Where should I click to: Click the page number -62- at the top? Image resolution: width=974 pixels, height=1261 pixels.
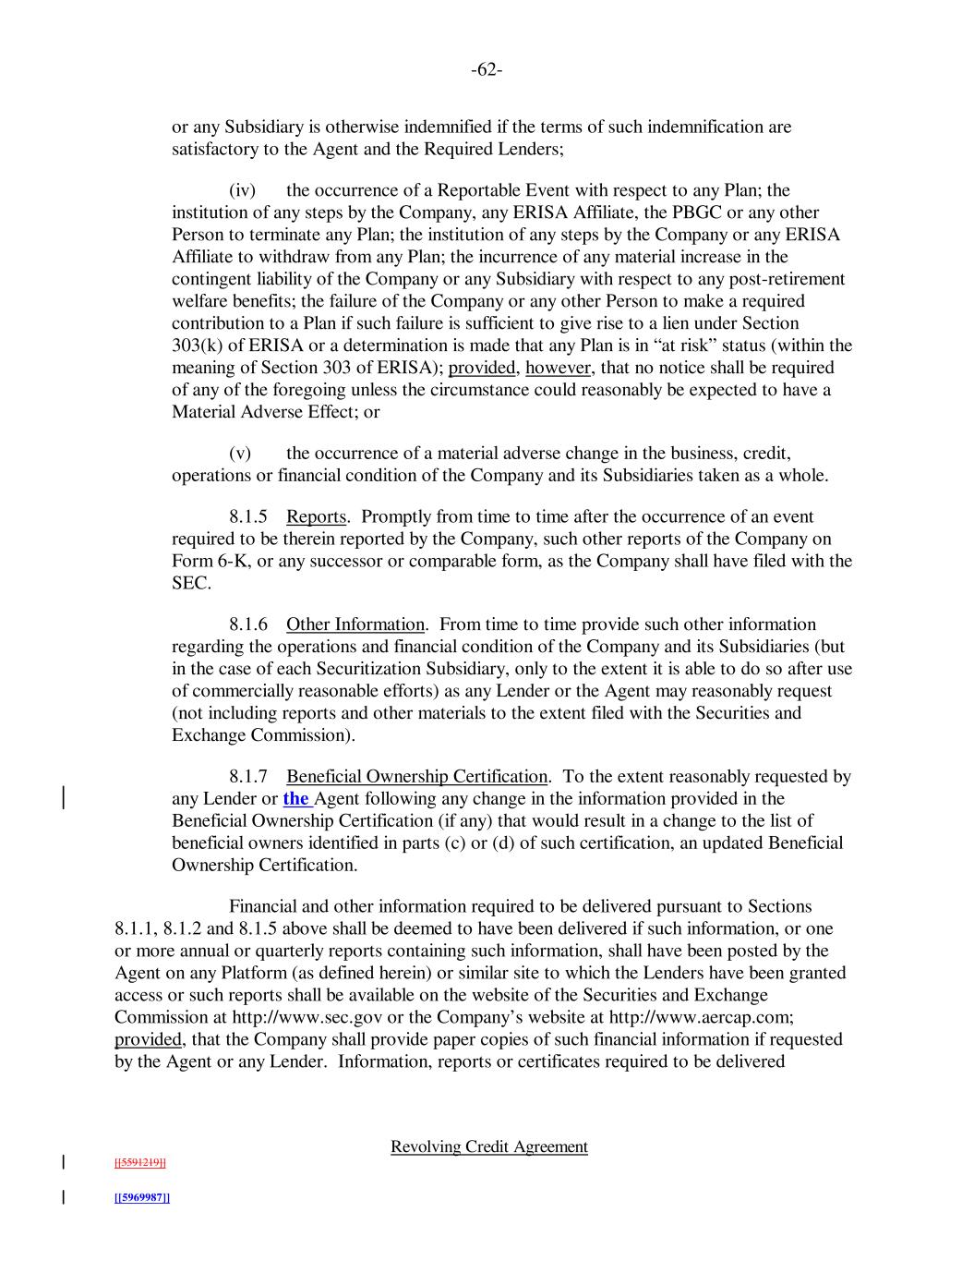487,70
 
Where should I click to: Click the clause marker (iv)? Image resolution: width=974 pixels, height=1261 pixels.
242,191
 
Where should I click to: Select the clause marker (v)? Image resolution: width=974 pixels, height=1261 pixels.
240,454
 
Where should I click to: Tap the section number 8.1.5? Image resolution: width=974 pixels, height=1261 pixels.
248,517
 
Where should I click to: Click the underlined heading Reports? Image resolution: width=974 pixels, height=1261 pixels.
316,517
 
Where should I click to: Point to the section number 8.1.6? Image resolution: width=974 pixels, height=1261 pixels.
248,625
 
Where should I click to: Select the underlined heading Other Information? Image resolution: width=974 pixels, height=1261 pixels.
355,625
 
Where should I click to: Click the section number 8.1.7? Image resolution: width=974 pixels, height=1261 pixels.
248,777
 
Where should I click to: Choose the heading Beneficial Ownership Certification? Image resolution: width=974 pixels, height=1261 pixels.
417,777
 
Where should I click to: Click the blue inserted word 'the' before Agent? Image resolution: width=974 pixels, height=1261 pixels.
295,799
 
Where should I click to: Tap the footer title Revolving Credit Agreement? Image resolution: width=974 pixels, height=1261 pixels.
488,1147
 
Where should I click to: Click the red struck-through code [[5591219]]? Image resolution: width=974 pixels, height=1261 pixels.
139,1162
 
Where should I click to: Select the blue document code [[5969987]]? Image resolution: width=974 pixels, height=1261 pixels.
141,1198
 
